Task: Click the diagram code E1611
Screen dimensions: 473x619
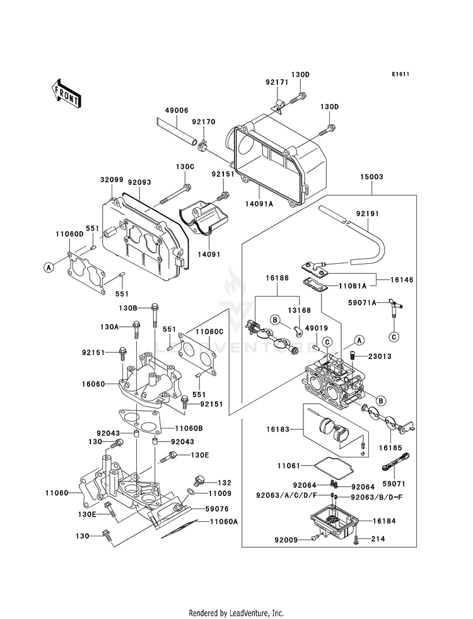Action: point(400,74)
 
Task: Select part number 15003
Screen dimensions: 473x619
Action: point(371,177)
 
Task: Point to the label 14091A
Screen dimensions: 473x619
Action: point(260,204)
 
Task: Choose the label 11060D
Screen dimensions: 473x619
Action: point(69,234)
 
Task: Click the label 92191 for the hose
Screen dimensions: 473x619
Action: point(367,214)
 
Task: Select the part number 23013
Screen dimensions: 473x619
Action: point(380,357)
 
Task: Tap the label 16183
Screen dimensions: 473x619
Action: point(277,429)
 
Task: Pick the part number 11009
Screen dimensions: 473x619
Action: point(220,493)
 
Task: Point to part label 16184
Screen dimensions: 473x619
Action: point(384,521)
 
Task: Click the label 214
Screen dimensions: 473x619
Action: point(378,538)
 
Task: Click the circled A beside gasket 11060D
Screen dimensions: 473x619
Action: point(49,268)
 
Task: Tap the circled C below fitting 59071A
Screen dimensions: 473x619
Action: point(394,337)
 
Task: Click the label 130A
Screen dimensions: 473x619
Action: point(110,327)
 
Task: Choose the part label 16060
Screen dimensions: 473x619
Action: point(93,384)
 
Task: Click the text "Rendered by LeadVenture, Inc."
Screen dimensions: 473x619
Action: point(237,613)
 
